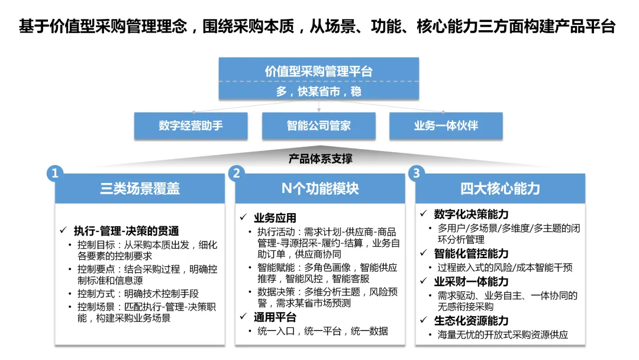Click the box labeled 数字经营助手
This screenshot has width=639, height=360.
182,126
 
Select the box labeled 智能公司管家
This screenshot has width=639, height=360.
319,126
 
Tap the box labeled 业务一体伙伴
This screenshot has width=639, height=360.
446,126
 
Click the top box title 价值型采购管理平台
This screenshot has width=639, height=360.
319,72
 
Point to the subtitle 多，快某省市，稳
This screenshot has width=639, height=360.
319,91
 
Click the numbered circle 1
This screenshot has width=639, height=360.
55,173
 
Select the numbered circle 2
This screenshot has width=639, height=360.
236,173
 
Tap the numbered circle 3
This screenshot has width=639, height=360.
417,173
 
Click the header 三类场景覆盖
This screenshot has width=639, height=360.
140,189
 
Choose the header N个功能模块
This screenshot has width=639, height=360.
320,189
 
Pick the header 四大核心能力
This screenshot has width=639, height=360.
500,189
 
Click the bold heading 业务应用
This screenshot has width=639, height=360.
275,218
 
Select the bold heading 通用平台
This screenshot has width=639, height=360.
275,317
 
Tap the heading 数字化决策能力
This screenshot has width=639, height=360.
471,214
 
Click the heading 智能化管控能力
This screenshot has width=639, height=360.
471,254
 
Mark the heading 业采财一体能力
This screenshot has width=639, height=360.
471,282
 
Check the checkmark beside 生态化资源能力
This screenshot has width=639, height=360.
424,321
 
